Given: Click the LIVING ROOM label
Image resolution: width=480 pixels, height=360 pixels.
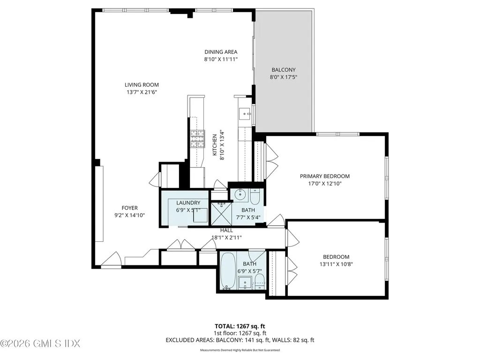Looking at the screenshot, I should point(140,85).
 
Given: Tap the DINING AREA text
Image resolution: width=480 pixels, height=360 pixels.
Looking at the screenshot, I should point(221,52).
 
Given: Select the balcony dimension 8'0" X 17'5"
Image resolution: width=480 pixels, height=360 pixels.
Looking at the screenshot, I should point(284,77).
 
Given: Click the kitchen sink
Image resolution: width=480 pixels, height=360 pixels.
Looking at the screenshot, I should point(245,114).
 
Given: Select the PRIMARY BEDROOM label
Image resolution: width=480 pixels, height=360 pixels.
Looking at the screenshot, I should point(324,176).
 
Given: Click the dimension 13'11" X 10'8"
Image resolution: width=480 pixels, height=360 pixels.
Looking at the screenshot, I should point(336,264).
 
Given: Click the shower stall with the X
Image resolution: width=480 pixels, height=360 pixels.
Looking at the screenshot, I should point(219,213).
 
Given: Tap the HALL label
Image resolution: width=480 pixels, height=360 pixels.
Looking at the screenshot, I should point(226,231).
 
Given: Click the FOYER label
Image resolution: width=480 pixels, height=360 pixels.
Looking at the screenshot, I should point(129,208).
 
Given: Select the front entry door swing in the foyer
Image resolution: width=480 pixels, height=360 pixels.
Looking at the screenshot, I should point(112,260).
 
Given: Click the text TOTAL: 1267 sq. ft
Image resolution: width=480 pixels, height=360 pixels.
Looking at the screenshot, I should point(240,326).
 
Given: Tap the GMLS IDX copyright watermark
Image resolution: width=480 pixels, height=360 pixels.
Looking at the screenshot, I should point(40,344).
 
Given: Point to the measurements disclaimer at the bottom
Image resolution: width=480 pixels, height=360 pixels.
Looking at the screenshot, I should point(240,350).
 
